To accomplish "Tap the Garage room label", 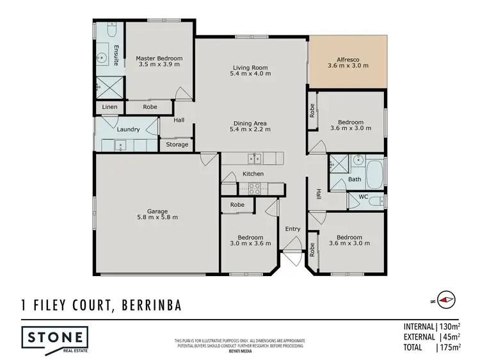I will pyautogui.click(x=157, y=214).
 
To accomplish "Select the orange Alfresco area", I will pyautogui.click(x=349, y=61).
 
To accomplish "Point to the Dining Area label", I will pyautogui.click(x=250, y=126).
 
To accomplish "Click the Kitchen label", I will pyautogui.click(x=253, y=174).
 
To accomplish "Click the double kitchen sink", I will pyautogui.click(x=255, y=158).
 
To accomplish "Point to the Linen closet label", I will pyautogui.click(x=109, y=107).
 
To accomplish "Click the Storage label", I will pyautogui.click(x=177, y=145).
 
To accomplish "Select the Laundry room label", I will pyautogui.click(x=128, y=129).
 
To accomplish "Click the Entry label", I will pyautogui.click(x=292, y=229).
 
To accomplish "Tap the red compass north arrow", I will pyautogui.click(x=446, y=299).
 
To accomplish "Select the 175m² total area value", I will pyautogui.click(x=451, y=348).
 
